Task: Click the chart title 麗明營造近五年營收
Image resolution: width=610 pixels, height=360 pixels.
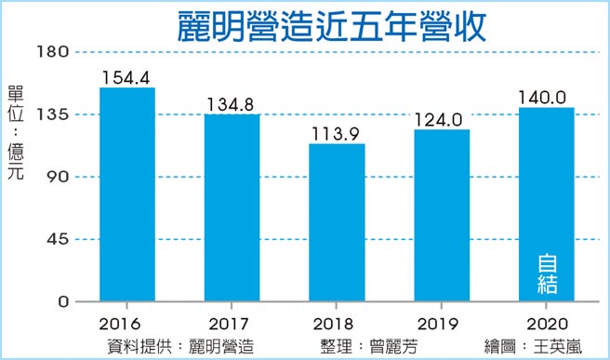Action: click(x=332, y=26)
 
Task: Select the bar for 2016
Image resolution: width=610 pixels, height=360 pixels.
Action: click(x=127, y=194)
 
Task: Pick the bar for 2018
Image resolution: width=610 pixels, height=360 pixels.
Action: click(x=337, y=222)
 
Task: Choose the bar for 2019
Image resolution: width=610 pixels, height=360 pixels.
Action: click(x=442, y=215)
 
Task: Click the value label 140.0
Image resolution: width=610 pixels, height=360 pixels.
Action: click(x=547, y=96)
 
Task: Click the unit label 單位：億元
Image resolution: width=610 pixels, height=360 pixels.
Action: click(x=16, y=126)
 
